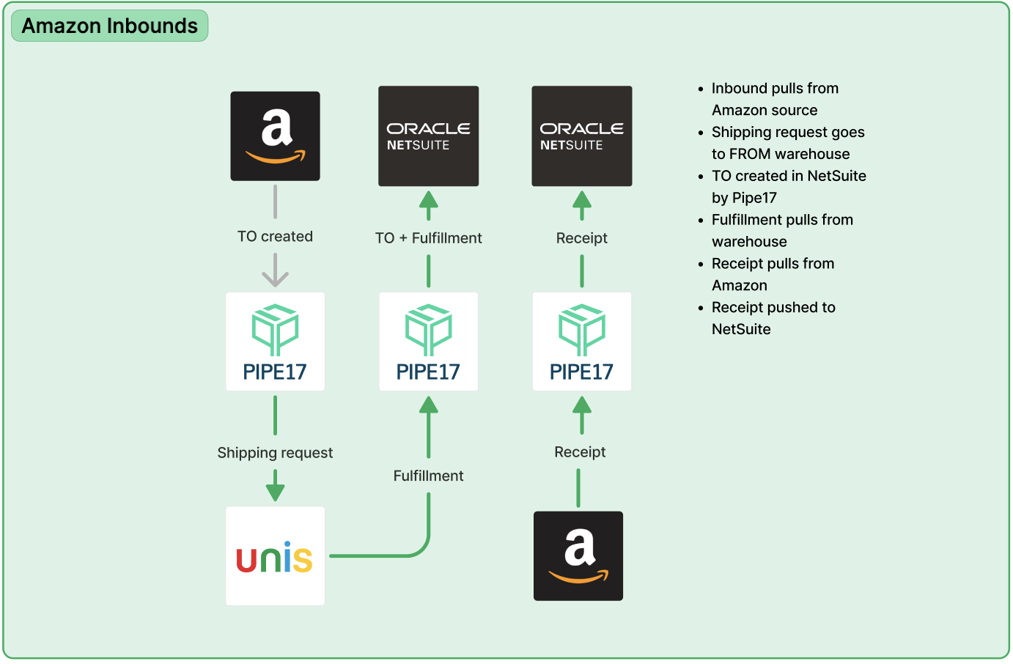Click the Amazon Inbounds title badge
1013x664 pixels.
pos(110,26)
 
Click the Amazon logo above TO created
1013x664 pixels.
pos(275,136)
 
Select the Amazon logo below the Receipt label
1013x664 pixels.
pos(578,556)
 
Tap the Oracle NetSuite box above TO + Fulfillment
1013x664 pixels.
pos(429,136)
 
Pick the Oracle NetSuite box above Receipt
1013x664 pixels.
pos(582,136)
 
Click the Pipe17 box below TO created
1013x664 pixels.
pos(275,342)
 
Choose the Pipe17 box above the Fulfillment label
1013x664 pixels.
pos(429,342)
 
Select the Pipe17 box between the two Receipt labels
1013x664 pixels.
pos(582,342)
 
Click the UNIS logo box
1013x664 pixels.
pos(275,556)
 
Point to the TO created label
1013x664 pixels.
pos(275,237)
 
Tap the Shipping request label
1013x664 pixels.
pos(275,453)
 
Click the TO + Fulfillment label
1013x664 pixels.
pos(429,238)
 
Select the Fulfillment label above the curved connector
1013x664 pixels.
pos(429,476)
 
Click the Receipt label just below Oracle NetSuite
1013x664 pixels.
pos(582,238)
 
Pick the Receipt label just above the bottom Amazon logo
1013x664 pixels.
pos(580,452)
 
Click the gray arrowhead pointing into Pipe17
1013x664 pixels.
pos(275,278)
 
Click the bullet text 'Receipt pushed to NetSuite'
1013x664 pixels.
pos(773,319)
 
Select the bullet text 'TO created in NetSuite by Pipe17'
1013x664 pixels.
pos(788,187)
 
